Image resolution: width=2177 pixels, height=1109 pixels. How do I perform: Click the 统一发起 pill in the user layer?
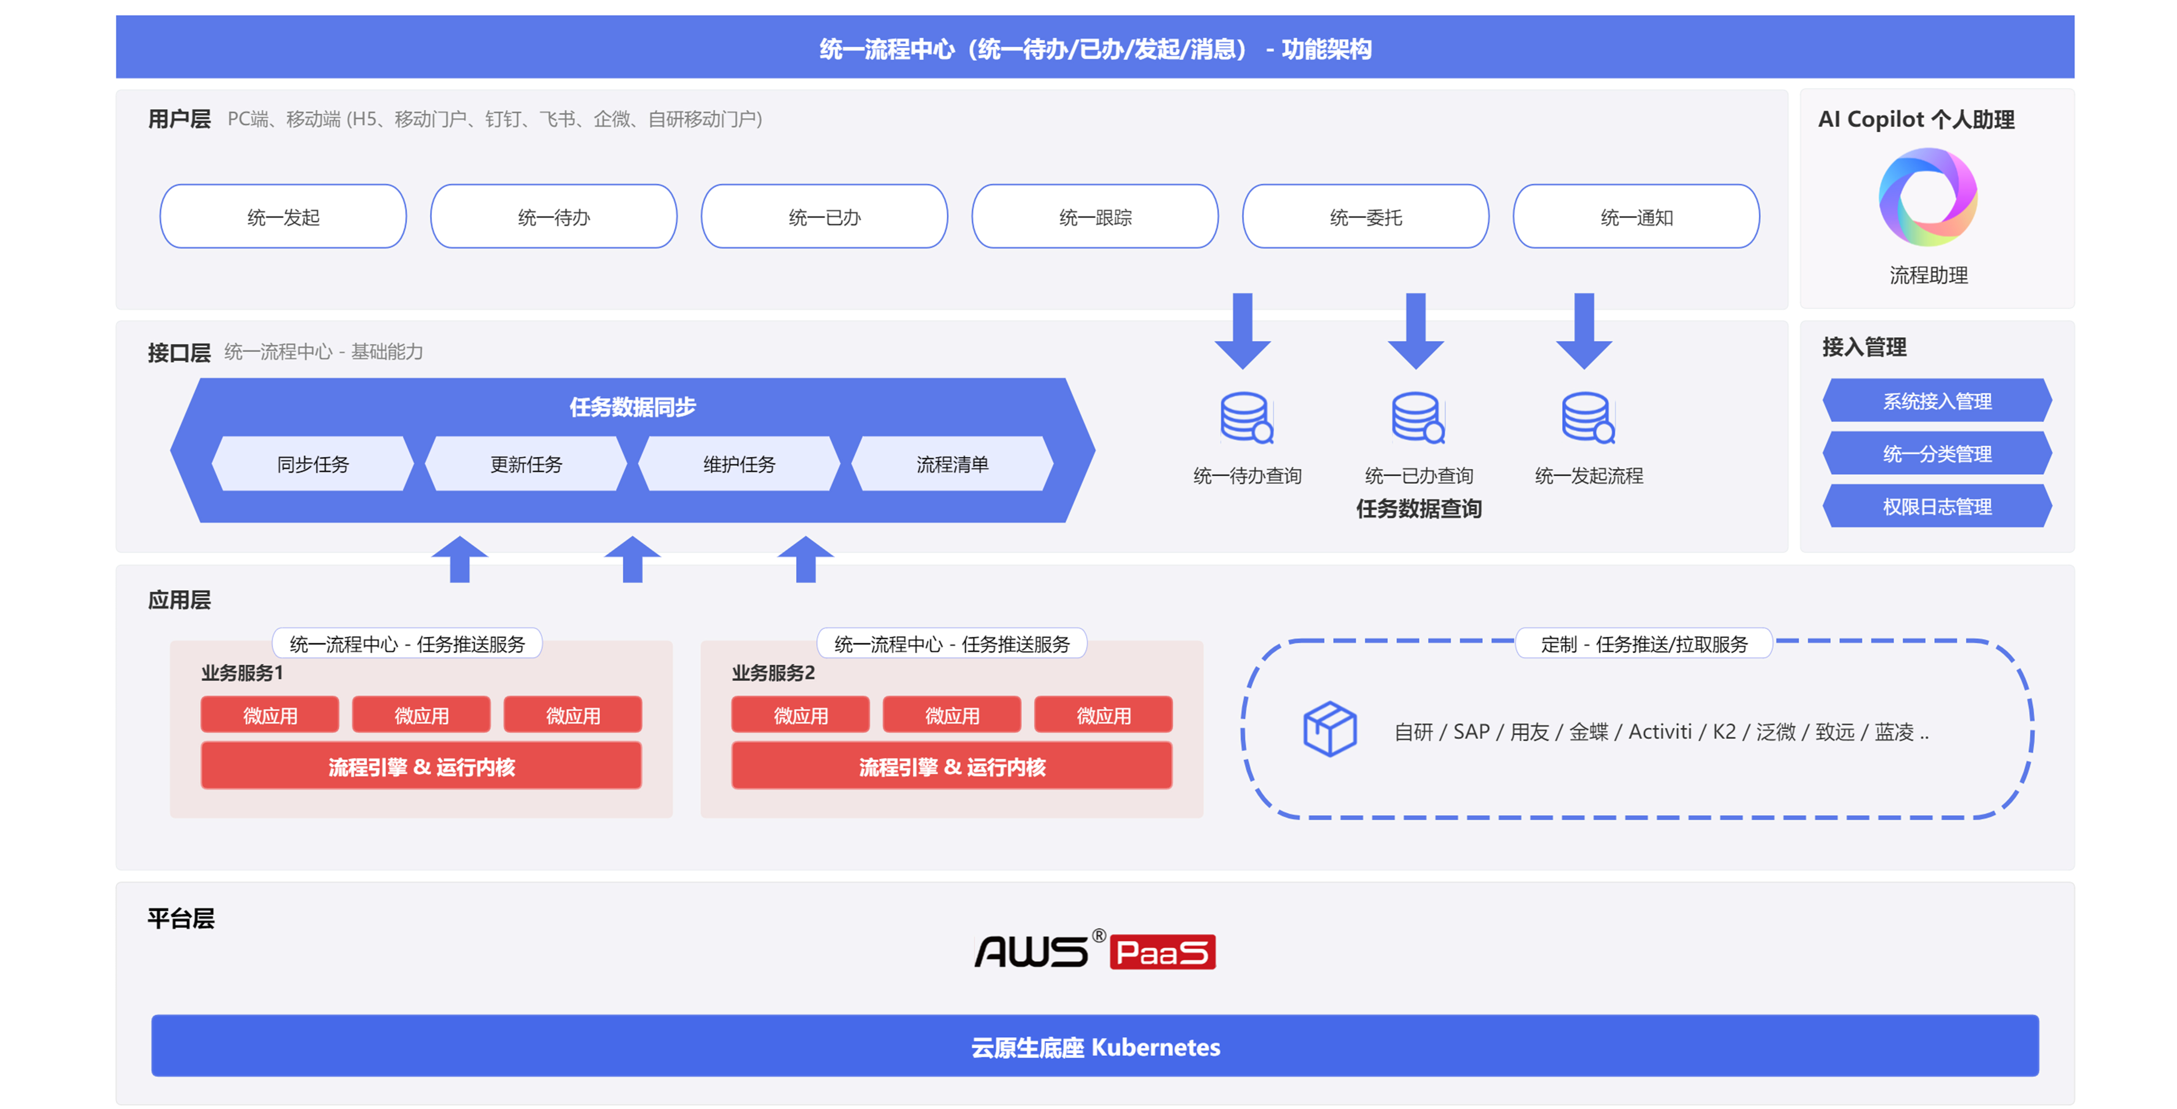[283, 216]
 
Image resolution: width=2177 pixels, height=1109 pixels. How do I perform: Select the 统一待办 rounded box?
[554, 216]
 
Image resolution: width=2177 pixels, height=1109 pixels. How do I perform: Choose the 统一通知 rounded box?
[1636, 216]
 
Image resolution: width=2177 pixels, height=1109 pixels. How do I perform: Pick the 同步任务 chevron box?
[313, 464]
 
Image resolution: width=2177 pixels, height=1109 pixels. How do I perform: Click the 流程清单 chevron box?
[953, 464]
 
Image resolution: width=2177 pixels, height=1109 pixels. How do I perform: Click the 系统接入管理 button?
[1937, 400]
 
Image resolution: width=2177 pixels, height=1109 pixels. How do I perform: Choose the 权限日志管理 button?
[1937, 506]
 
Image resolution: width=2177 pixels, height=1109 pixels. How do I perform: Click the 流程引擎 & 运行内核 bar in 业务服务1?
[421, 766]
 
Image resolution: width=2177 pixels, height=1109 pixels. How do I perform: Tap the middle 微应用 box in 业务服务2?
[952, 715]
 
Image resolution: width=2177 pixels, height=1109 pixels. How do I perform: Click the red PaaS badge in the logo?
[1162, 952]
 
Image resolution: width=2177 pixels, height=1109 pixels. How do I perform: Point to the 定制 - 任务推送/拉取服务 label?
[1644, 644]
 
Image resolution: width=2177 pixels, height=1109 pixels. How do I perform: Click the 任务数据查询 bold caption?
[1419, 509]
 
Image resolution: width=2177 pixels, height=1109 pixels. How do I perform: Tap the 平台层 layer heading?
[181, 918]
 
